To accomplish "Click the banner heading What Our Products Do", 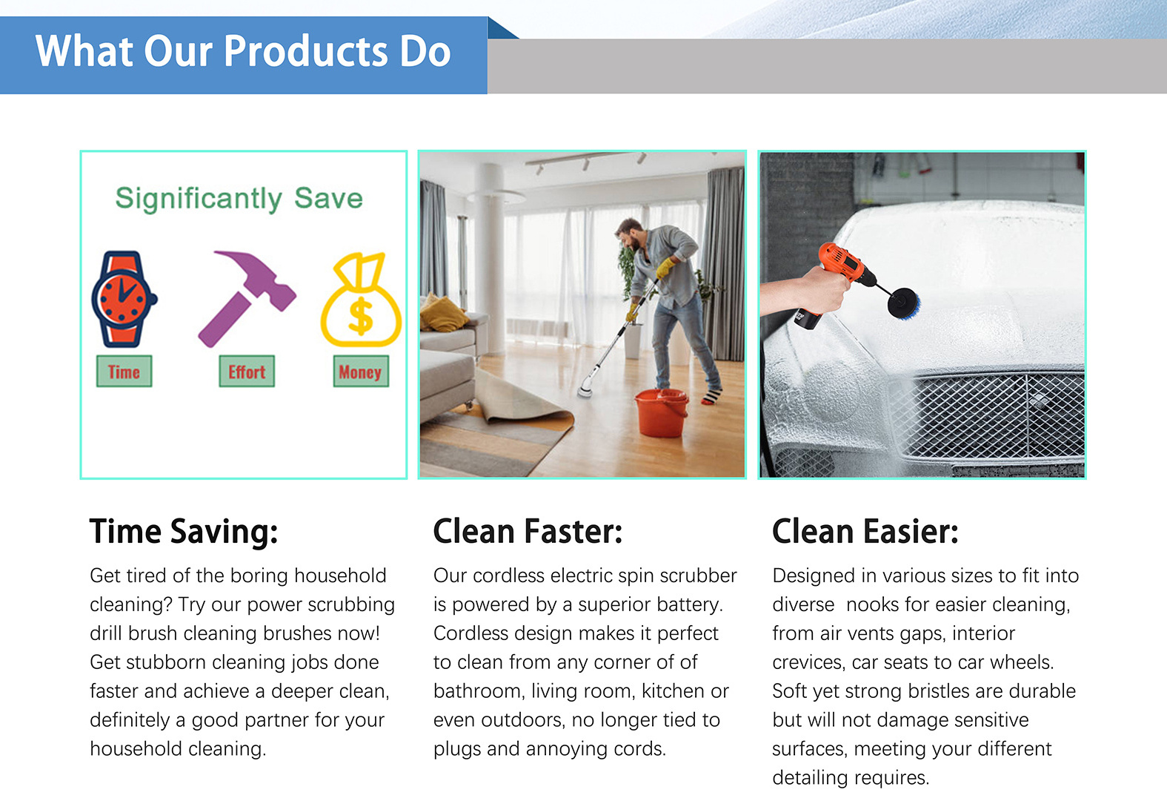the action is [x=243, y=51].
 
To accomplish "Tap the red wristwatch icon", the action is [x=124, y=299].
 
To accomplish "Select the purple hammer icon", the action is [x=247, y=298].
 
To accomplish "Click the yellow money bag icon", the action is [x=361, y=300].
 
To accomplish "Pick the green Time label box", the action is [x=124, y=372].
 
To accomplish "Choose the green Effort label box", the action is [x=247, y=372].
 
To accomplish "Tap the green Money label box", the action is [x=361, y=372].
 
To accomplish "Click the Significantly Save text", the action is [x=239, y=199].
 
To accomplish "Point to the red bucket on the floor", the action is [x=661, y=412].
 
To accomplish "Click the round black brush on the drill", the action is [x=904, y=303].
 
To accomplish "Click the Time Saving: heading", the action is [x=184, y=532].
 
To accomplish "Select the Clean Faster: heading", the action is [x=528, y=531].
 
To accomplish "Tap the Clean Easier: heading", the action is [x=865, y=531].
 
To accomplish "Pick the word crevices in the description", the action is [x=808, y=662].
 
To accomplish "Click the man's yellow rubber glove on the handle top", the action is [x=665, y=268].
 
